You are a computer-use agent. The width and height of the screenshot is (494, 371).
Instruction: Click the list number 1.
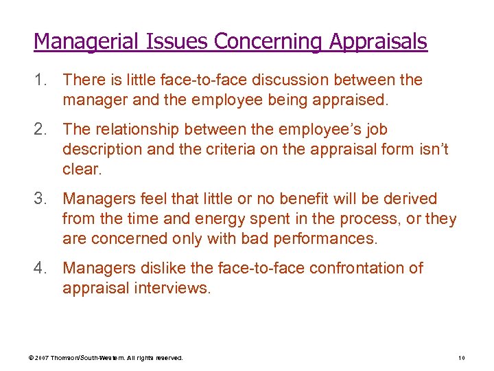click(39, 80)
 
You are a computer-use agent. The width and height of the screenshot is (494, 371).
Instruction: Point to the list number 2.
click(39, 129)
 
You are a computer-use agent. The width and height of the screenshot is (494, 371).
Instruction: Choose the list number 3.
click(39, 199)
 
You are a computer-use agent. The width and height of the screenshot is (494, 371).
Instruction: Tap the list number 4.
click(39, 268)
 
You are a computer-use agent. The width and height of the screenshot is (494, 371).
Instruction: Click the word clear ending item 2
click(81, 169)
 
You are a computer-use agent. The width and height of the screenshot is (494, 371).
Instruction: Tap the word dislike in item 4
click(161, 268)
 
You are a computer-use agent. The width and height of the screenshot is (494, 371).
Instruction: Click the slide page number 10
click(461, 358)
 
